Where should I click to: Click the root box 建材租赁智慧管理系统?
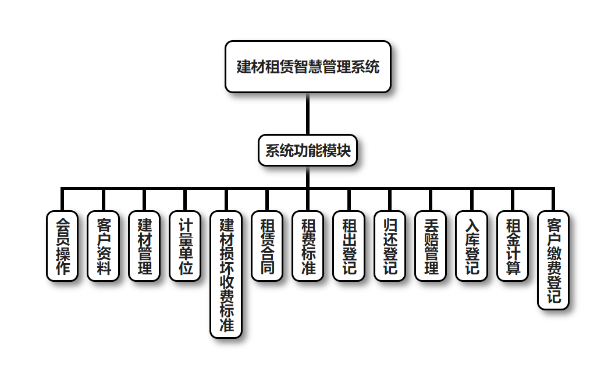pos(307,66)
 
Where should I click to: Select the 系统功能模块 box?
pos(307,151)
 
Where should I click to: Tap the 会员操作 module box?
pos(62,246)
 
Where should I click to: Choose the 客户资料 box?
pos(103,246)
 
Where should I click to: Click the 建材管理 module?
pos(144,246)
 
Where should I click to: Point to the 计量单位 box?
pos(185,246)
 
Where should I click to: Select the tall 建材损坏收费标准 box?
pos(226,274)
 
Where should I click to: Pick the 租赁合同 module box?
pos(267,246)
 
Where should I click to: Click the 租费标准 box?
pos(308,246)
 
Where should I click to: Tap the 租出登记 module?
pos(349,246)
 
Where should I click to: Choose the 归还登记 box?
pos(390,246)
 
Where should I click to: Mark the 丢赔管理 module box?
pos(431,246)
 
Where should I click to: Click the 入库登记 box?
pos(471,246)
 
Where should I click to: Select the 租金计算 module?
pos(513,246)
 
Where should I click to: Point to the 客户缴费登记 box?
pos(553,260)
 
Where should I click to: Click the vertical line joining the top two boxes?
pos(307,114)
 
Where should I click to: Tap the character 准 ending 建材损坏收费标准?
pos(226,325)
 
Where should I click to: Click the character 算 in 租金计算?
pos(513,268)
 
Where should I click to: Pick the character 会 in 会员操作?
pos(62,224)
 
